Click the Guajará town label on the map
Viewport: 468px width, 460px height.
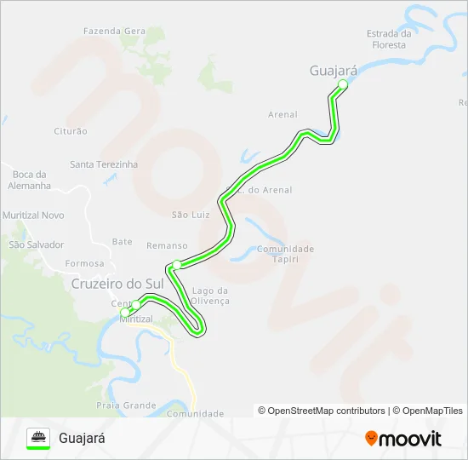334,72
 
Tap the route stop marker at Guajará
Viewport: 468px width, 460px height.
343,84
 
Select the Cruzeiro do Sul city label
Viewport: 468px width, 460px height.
117,283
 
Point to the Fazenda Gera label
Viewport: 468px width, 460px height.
114,32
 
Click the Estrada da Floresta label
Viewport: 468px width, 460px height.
389,39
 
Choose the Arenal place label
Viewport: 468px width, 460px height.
283,114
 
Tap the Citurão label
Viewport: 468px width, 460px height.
71,131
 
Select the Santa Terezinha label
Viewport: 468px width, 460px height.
104,164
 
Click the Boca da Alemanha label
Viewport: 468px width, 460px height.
29,180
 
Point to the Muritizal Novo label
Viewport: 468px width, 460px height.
34,216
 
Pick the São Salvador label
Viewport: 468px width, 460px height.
37,244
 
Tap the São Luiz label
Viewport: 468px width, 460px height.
191,215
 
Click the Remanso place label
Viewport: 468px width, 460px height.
167,245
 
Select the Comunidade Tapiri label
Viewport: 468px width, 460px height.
286,254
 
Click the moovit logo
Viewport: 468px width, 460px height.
403,439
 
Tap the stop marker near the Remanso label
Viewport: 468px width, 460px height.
176,264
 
